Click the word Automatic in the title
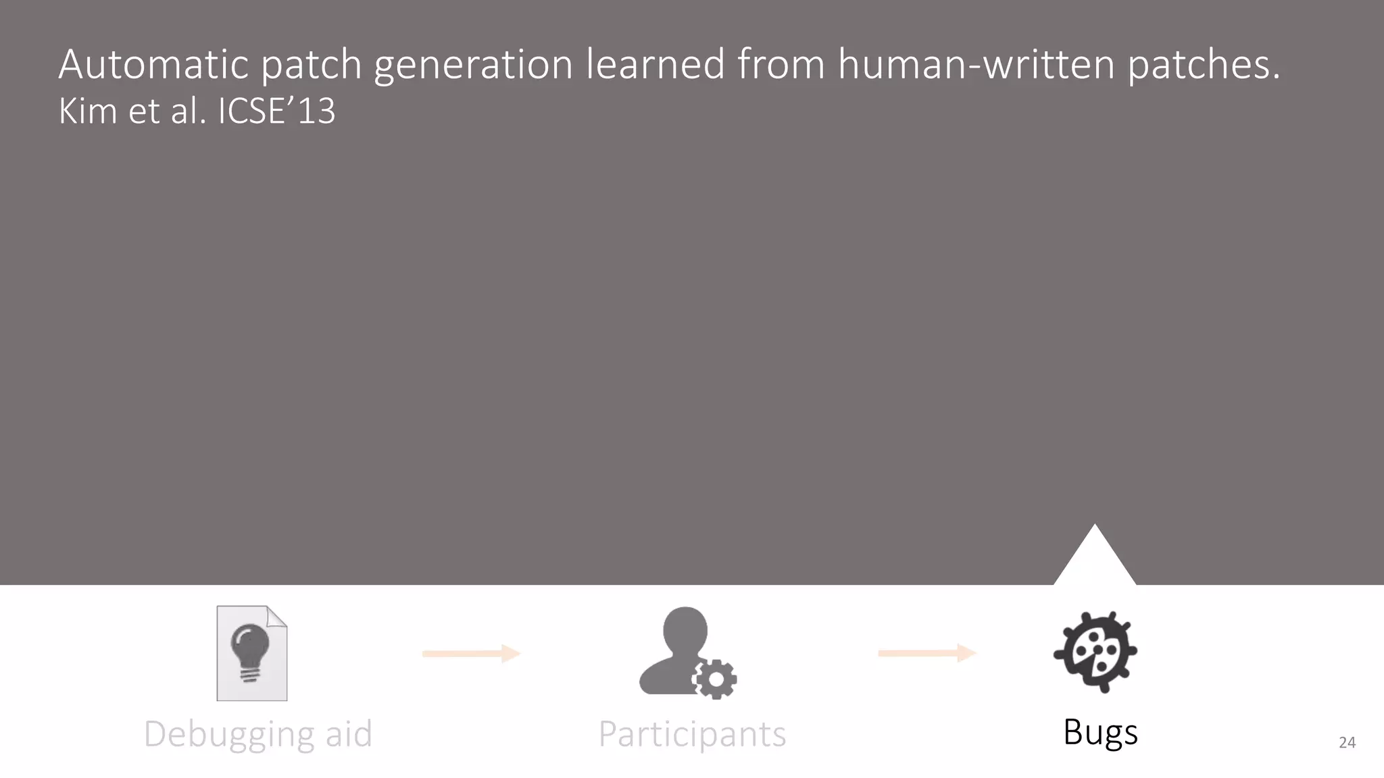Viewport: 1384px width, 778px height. (x=153, y=64)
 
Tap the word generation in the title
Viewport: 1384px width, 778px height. (x=473, y=66)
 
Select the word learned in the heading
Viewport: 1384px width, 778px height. (x=655, y=64)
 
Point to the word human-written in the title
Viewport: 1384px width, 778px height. (x=976, y=64)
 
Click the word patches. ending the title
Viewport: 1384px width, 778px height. (x=1204, y=66)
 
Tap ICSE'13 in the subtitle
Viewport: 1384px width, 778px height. (x=276, y=111)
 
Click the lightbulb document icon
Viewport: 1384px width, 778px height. (x=251, y=653)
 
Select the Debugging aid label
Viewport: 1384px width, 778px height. (x=258, y=734)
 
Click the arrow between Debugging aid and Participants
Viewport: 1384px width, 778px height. (x=471, y=653)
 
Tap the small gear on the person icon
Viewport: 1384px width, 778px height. (x=716, y=679)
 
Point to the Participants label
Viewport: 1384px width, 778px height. (x=692, y=734)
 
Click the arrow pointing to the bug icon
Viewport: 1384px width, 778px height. (x=926, y=653)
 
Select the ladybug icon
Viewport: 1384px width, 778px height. (x=1095, y=652)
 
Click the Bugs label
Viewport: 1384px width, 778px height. (x=1100, y=733)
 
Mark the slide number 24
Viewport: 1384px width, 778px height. (x=1347, y=743)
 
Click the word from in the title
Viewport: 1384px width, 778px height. (x=781, y=64)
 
